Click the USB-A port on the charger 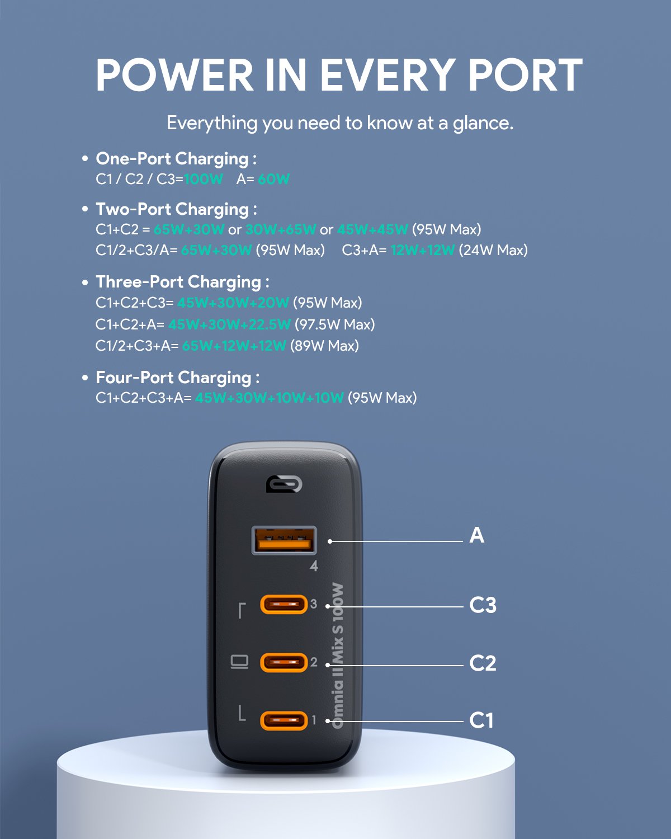(284, 540)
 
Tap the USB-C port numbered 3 (284, 605)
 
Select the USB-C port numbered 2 (284, 663)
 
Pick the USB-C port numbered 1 (284, 720)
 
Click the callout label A (476, 535)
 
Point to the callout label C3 (483, 605)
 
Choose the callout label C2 (483, 663)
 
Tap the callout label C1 (481, 720)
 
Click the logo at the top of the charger (284, 484)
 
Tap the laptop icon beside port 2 (239, 663)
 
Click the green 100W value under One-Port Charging (204, 180)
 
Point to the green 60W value (273, 180)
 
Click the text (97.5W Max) (334, 324)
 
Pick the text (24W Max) (493, 250)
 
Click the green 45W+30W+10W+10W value (269, 398)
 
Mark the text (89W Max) (324, 346)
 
